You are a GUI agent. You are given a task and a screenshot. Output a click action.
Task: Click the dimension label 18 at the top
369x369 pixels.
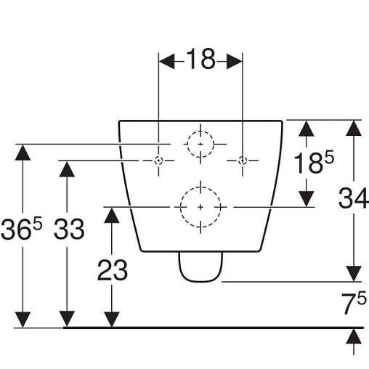point(200,59)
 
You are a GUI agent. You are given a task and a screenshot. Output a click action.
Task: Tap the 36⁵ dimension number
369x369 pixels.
point(22,229)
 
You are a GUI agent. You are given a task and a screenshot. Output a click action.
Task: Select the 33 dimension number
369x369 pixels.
point(69,229)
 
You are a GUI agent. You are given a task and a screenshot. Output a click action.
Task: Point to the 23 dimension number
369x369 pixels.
point(112,270)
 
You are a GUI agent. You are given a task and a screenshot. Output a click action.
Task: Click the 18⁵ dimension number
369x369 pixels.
point(314,162)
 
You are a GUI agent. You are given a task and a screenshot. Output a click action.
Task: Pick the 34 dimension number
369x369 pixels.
point(354,198)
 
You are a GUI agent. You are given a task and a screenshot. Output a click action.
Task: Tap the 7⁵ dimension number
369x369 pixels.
point(354,303)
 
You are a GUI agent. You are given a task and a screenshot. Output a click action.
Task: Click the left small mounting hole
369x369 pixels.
point(158,161)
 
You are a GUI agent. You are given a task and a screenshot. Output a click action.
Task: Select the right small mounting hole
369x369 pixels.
point(243,161)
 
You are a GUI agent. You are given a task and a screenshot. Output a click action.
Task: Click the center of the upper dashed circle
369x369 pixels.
point(200,145)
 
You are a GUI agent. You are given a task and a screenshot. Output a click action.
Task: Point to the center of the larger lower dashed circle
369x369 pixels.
point(200,207)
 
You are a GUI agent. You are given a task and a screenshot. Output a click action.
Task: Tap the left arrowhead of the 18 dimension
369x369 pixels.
point(167,62)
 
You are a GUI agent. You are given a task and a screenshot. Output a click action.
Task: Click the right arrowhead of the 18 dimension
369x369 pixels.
point(235,62)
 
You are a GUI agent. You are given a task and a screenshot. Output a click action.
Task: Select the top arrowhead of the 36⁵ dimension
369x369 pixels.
point(23,153)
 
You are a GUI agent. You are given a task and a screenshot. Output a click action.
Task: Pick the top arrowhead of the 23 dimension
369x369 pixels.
point(112,215)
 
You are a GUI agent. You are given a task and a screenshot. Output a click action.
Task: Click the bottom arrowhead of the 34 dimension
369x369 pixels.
point(354,274)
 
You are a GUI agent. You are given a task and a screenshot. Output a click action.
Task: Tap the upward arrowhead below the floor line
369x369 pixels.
point(354,336)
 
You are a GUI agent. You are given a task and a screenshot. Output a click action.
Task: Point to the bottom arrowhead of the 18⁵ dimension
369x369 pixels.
point(307,199)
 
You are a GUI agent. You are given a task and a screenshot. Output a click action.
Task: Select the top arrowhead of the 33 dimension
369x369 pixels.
point(67,169)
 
